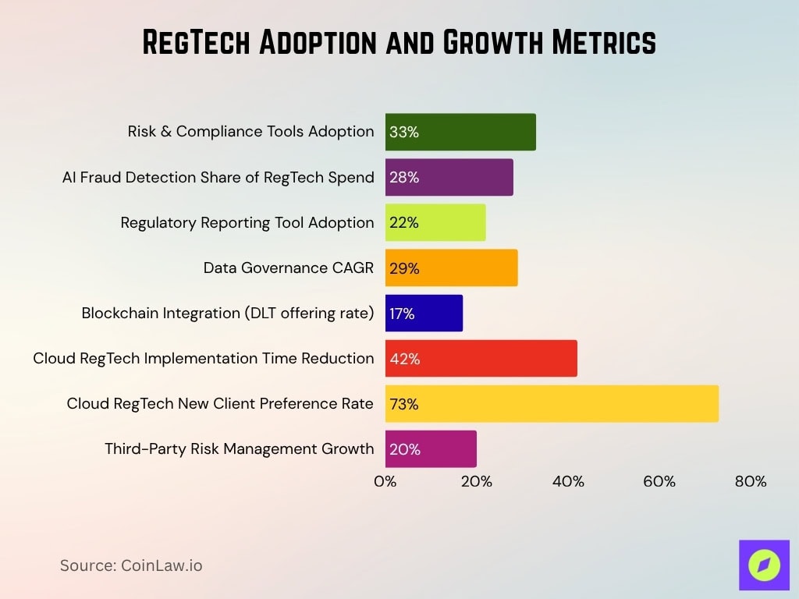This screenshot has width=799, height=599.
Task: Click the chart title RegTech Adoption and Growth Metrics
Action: click(x=399, y=44)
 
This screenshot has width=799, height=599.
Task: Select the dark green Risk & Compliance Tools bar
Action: click(x=460, y=132)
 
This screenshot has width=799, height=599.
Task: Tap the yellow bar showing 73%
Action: click(x=551, y=403)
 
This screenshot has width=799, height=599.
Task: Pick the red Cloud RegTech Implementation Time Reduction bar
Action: click(x=481, y=358)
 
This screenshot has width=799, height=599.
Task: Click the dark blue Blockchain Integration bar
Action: click(x=424, y=313)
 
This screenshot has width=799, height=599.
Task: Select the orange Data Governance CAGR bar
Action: click(x=451, y=268)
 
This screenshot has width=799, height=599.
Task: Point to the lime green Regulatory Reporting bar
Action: click(x=435, y=222)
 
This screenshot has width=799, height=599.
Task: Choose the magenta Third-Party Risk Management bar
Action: click(x=431, y=448)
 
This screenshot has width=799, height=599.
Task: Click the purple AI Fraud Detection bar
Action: click(x=449, y=177)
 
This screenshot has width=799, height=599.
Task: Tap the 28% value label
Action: click(x=404, y=177)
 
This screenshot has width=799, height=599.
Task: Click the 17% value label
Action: click(x=403, y=314)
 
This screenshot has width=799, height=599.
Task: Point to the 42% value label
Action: click(x=404, y=359)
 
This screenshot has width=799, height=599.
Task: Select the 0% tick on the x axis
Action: click(x=385, y=481)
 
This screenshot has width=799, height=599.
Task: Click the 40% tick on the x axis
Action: click(x=568, y=481)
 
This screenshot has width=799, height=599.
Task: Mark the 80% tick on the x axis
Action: click(x=750, y=481)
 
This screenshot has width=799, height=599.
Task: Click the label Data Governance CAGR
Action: click(x=289, y=268)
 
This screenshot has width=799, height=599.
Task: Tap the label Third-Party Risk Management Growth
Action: click(x=240, y=448)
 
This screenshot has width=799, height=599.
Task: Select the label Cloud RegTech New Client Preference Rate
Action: click(x=220, y=403)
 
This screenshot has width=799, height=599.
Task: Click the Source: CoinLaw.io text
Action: click(x=131, y=565)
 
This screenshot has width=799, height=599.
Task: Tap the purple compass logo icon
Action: click(x=764, y=565)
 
